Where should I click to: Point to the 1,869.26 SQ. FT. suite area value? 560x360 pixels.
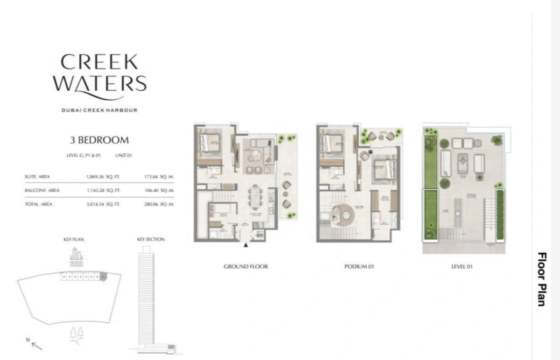click(x=104, y=177)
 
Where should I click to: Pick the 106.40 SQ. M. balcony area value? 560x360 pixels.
click(x=156, y=190)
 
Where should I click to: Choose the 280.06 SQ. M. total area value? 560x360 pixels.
click(x=156, y=203)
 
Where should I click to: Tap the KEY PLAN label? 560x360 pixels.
click(x=73, y=240)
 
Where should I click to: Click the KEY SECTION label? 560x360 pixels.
click(x=150, y=240)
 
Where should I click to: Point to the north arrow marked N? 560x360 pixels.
click(x=31, y=343)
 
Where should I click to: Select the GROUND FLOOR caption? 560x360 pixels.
click(x=246, y=267)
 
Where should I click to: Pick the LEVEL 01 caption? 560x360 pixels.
click(x=463, y=267)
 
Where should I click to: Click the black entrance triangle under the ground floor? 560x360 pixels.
click(x=246, y=246)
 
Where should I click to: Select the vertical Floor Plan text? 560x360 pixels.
click(x=541, y=279)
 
